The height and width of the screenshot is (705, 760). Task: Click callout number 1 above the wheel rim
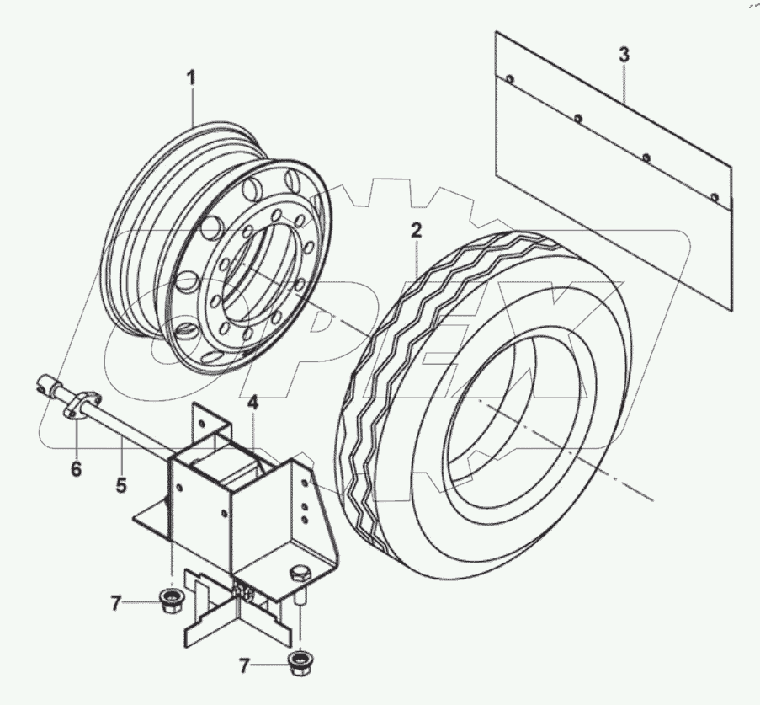(x=191, y=78)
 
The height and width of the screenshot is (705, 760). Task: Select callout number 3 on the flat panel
(x=623, y=56)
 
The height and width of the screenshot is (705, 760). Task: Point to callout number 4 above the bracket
(x=252, y=403)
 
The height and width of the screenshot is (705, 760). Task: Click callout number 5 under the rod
(x=121, y=485)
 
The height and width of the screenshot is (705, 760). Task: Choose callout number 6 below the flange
(x=76, y=469)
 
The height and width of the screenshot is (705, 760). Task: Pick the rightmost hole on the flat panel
(x=714, y=198)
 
